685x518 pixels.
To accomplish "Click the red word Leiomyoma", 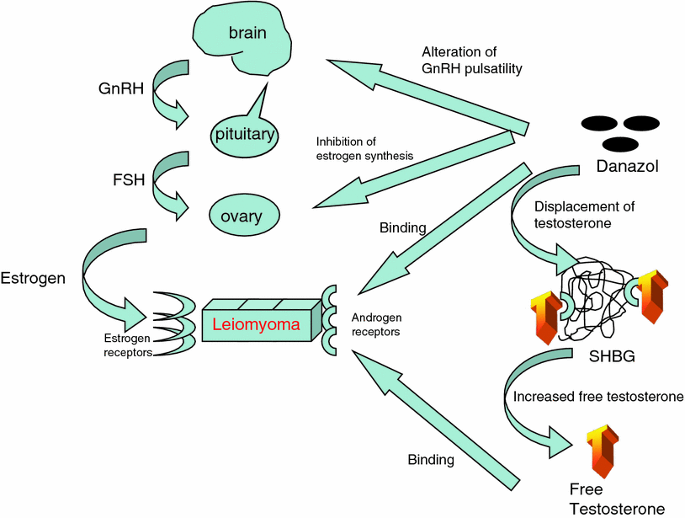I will (x=256, y=323).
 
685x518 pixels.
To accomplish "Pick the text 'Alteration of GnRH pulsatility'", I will (x=472, y=61).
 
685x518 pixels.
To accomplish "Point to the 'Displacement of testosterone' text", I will (x=583, y=214).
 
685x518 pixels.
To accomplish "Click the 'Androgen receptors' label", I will (x=375, y=325).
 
